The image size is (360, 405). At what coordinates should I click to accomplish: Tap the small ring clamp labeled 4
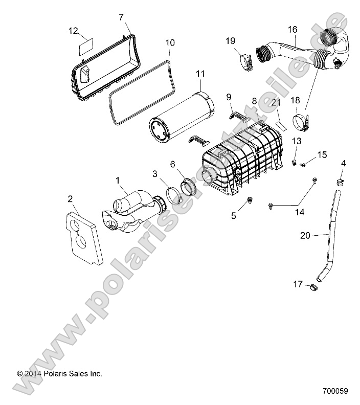pyautogui.click(x=339, y=181)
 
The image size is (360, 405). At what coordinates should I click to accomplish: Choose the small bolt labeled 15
pyautogui.click(x=302, y=165)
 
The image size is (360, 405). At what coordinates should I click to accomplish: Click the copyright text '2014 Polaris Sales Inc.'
pyautogui.click(x=59, y=374)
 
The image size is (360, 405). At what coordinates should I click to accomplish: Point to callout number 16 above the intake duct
pyautogui.click(x=292, y=30)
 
